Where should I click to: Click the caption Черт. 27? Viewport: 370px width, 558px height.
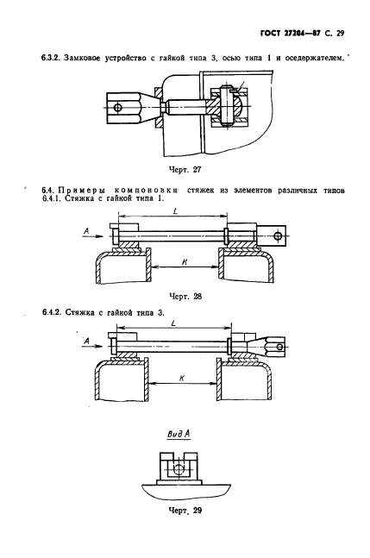185,169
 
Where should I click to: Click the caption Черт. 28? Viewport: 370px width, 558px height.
185,296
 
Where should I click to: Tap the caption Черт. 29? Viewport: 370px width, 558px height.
185,511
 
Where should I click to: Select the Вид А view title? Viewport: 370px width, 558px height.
179,434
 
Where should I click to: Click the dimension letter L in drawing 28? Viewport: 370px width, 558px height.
175,210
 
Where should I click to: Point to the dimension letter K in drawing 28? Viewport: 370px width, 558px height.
185,261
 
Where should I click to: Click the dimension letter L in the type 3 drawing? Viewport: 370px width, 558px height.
173,323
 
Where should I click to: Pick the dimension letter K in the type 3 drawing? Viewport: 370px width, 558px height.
182,379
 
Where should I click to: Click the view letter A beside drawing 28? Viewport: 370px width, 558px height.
86,231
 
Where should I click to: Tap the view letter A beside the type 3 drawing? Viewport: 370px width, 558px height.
86,342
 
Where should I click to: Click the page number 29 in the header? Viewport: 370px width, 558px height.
340,34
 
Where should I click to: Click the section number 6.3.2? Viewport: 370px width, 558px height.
50,58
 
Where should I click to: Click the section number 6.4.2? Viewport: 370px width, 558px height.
51,312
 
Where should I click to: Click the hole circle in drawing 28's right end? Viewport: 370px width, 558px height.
278,235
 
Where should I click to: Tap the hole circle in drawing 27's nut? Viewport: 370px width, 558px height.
117,107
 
